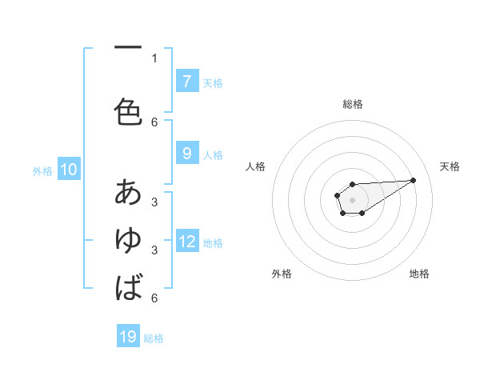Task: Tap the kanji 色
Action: pyautogui.click(x=128, y=111)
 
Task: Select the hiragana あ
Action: pyautogui.click(x=128, y=192)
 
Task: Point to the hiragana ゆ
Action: pyautogui.click(x=128, y=239)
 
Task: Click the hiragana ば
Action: pyautogui.click(x=128, y=286)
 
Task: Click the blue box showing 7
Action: pyautogui.click(x=186, y=82)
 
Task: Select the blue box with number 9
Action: pyautogui.click(x=186, y=154)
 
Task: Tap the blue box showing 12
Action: pyautogui.click(x=187, y=242)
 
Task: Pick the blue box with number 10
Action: pyautogui.click(x=68, y=170)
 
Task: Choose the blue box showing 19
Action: pyautogui.click(x=128, y=337)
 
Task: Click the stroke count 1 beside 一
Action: pyautogui.click(x=154, y=58)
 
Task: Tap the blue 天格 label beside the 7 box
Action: pyautogui.click(x=213, y=82)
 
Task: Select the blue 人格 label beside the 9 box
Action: pyautogui.click(x=213, y=154)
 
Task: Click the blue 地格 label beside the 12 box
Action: pyautogui.click(x=213, y=242)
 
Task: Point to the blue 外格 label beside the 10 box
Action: pyautogui.click(x=42, y=170)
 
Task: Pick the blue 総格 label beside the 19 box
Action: pyautogui.click(x=154, y=338)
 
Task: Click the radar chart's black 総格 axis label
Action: pyautogui.click(x=352, y=104)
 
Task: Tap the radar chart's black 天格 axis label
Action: pyautogui.click(x=450, y=166)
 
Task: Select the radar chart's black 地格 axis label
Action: pyautogui.click(x=419, y=274)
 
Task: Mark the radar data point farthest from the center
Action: pyautogui.click(x=414, y=179)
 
